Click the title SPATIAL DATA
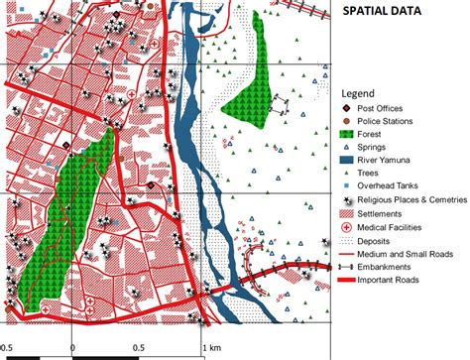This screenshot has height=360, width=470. pos(381,13)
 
